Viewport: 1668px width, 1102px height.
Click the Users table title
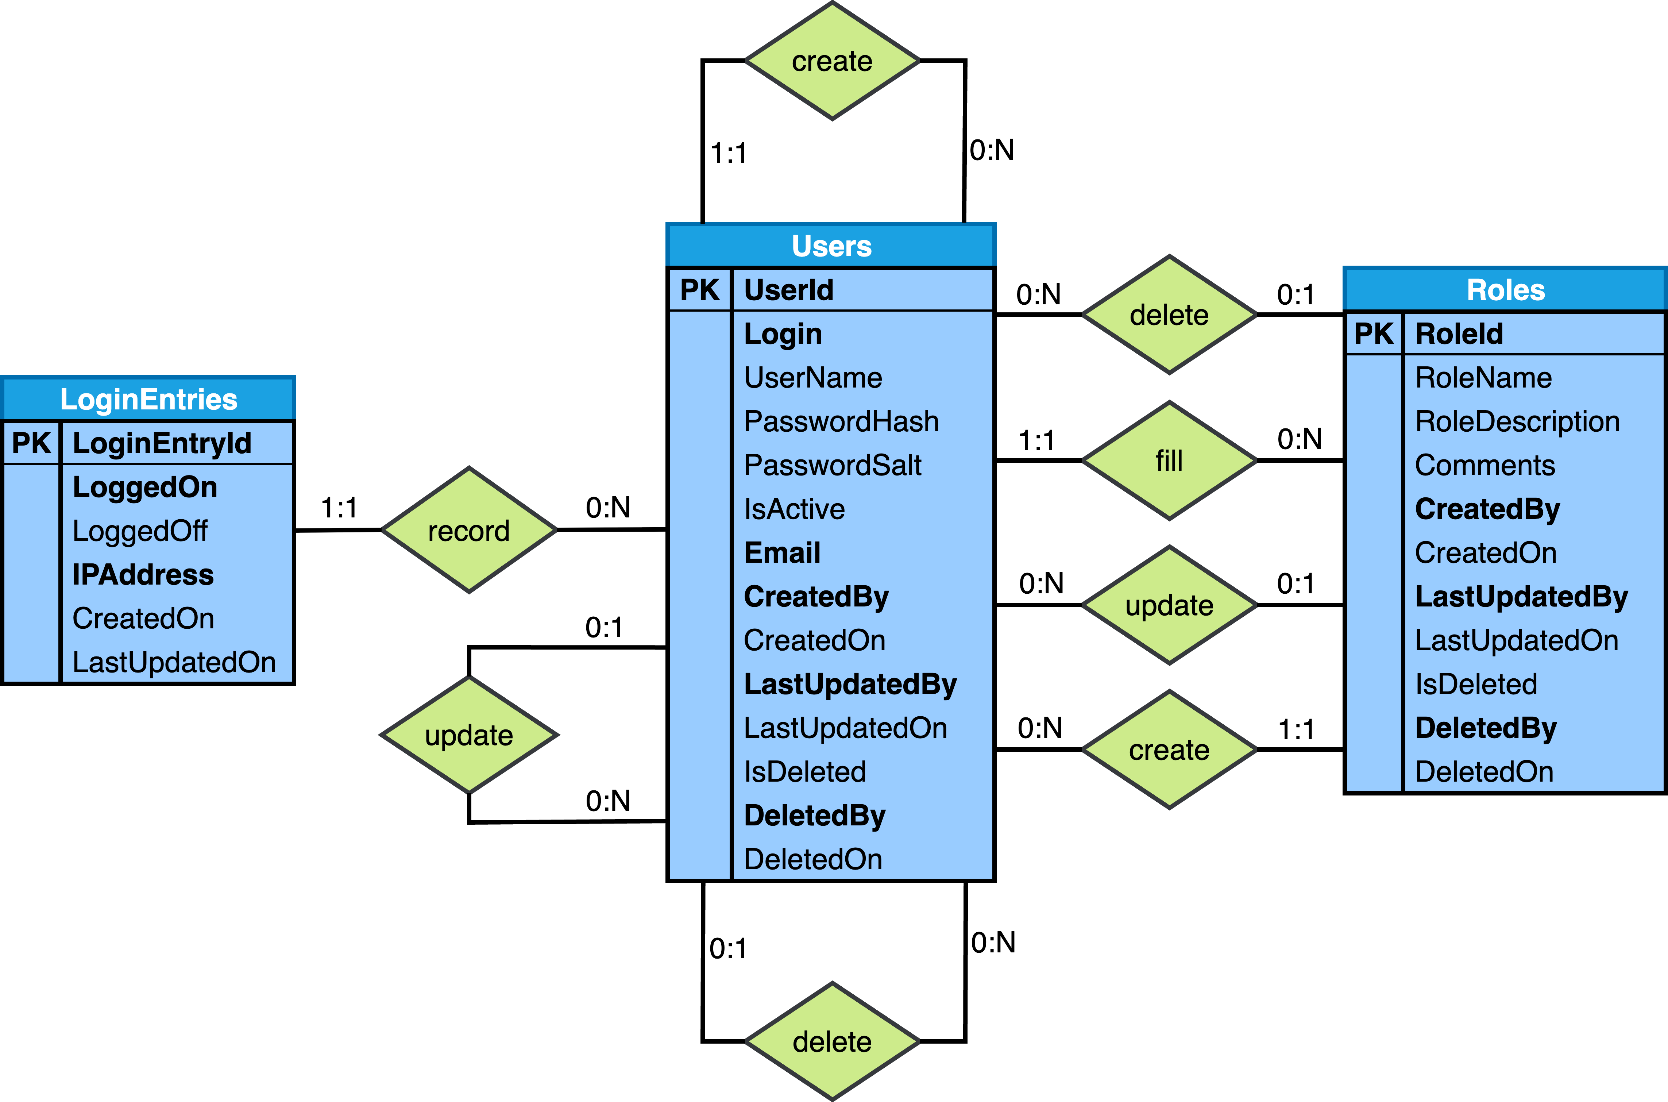pyautogui.click(x=831, y=246)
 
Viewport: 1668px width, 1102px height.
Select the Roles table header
pyautogui.click(x=1505, y=290)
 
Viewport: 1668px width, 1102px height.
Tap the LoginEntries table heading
pyautogui.click(x=148, y=399)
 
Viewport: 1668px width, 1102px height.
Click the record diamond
pyautogui.click(x=469, y=531)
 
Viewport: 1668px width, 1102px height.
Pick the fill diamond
pyautogui.click(x=1169, y=461)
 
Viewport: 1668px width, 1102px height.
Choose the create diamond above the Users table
pyautogui.click(x=832, y=61)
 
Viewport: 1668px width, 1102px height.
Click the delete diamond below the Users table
pyautogui.click(x=832, y=1041)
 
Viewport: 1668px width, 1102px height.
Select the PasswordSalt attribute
pyautogui.click(x=833, y=465)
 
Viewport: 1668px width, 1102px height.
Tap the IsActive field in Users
pyautogui.click(x=794, y=509)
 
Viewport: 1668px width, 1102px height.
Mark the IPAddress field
pyautogui.click(x=143, y=575)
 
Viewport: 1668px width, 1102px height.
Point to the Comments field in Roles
pyautogui.click(x=1484, y=465)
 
